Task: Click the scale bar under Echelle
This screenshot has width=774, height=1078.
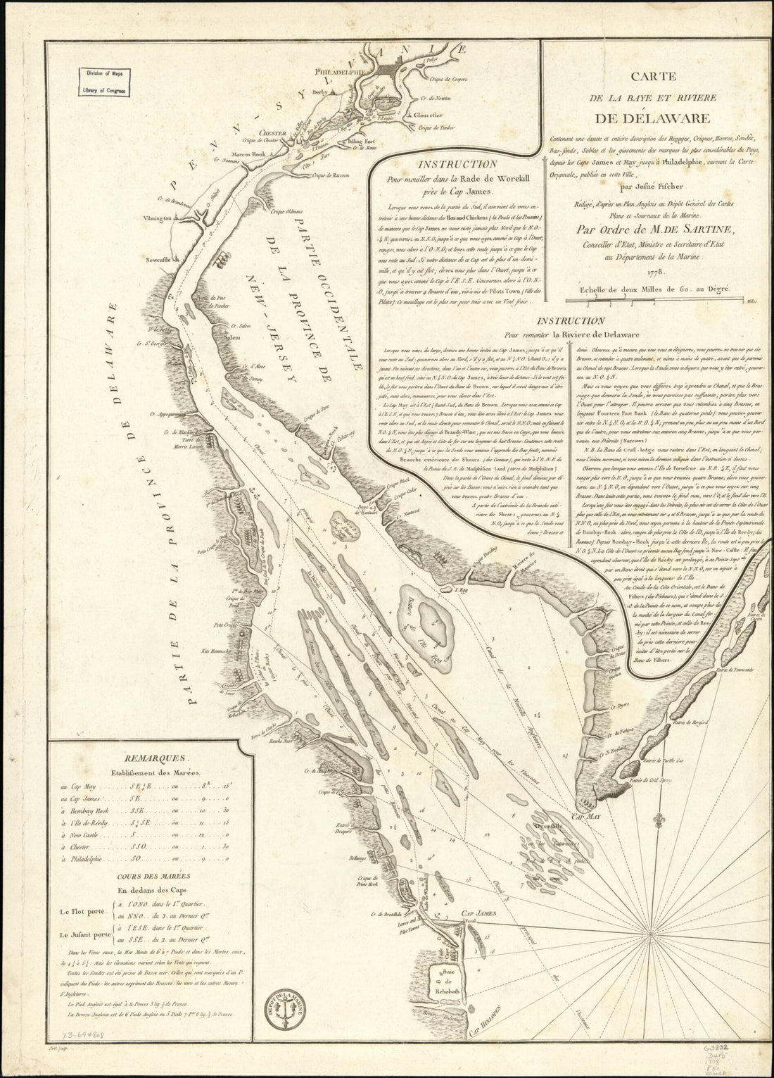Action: click(x=654, y=301)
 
